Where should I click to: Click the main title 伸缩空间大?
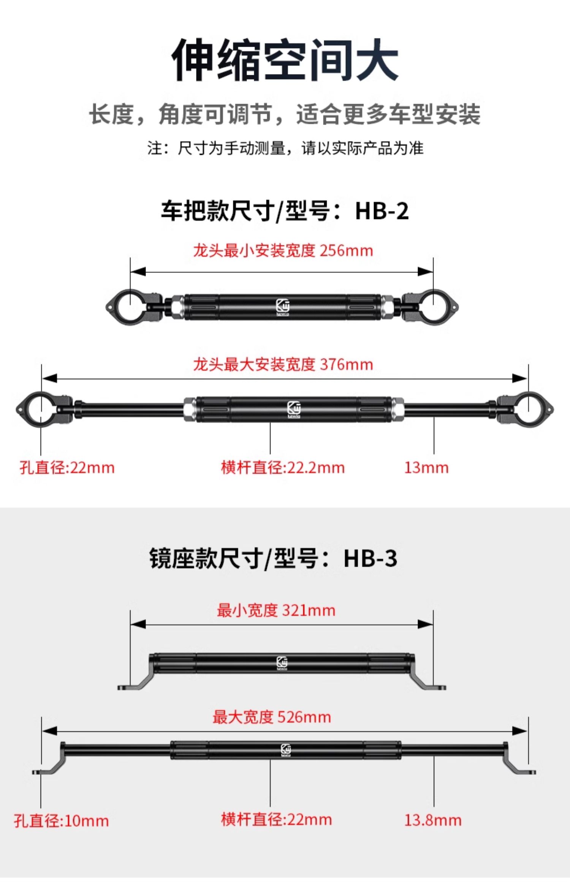[285, 60]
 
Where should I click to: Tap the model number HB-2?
[382, 211]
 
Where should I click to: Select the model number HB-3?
[370, 559]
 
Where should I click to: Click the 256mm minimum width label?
[283, 251]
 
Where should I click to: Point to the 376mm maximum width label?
[283, 365]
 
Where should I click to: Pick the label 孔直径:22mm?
[67, 468]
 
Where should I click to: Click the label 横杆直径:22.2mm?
[283, 468]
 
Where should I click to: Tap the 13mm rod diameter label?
[426, 468]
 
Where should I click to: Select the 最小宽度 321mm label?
[276, 611]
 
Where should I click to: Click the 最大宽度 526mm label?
[272, 717]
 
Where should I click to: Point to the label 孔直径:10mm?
[62, 821]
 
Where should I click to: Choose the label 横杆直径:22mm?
[276, 819]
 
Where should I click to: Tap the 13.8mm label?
[432, 820]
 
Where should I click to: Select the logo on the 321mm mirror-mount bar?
[282, 663]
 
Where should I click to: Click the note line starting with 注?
[285, 148]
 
